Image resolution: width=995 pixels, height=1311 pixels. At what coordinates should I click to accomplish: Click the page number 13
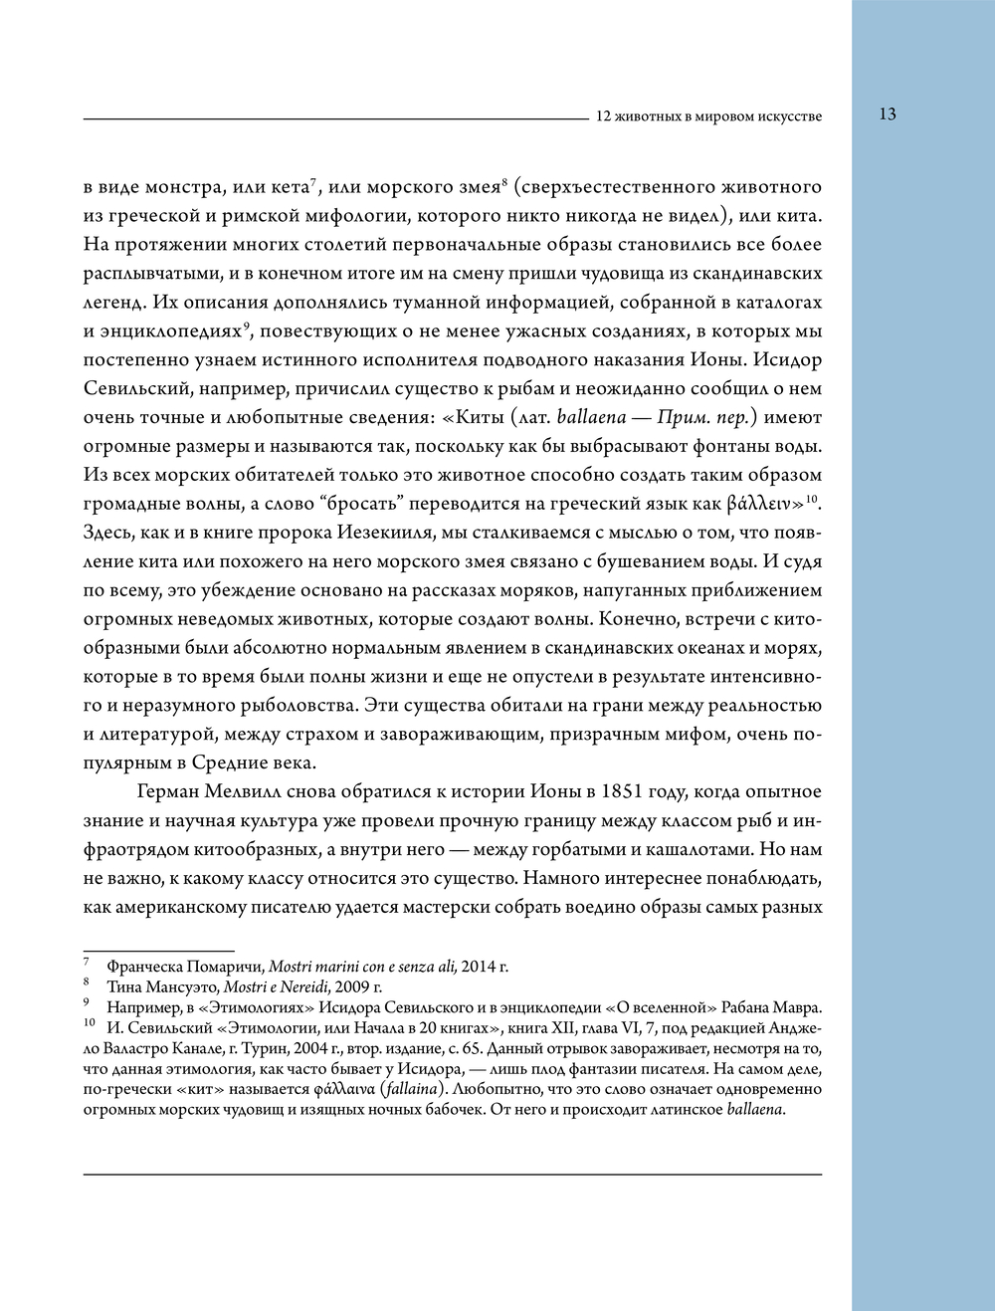pos(888,114)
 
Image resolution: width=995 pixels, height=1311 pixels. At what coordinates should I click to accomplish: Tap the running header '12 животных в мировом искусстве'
pos(708,116)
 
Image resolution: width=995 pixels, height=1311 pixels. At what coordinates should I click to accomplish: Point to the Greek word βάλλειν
pos(757,504)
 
